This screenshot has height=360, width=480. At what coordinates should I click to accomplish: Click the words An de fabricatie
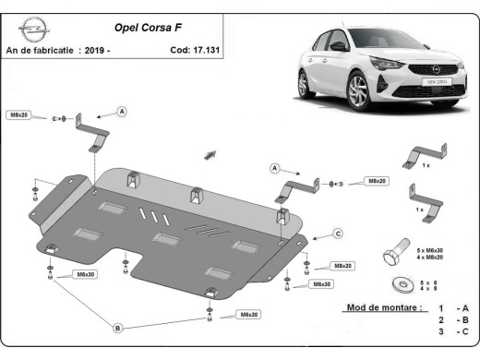click(x=41, y=50)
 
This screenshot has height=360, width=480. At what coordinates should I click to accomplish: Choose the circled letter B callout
click(x=117, y=327)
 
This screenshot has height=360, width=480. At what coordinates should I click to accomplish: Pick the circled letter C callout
click(x=338, y=233)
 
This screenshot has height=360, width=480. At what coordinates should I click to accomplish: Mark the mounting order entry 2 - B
click(x=454, y=319)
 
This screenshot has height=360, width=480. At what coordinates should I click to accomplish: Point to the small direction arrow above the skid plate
click(x=210, y=152)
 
